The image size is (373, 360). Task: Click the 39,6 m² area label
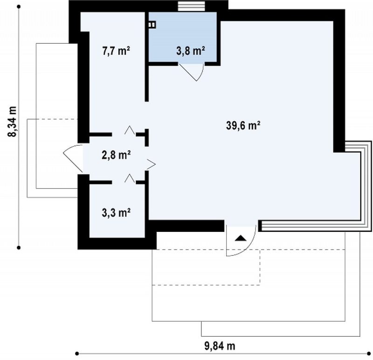[243, 125]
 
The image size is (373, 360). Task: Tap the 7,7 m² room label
[116, 51]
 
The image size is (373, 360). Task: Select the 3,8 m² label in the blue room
[191, 51]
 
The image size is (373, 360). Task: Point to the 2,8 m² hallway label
[116, 155]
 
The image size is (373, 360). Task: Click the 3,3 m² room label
[116, 213]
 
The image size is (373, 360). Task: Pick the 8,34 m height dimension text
[12, 122]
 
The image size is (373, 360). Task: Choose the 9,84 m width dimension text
[220, 346]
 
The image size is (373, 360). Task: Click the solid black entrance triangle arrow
[241, 238]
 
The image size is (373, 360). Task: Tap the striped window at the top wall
[192, 6]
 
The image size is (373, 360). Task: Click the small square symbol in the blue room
[152, 25]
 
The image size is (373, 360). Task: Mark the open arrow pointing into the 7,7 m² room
[130, 130]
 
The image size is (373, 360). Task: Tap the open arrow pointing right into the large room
[151, 164]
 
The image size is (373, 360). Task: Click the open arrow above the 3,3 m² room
[130, 178]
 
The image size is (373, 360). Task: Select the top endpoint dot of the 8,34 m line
[19, 7]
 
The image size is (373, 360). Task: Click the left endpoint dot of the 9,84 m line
[77, 353]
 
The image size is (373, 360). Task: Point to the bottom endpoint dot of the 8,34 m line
[19, 248]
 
